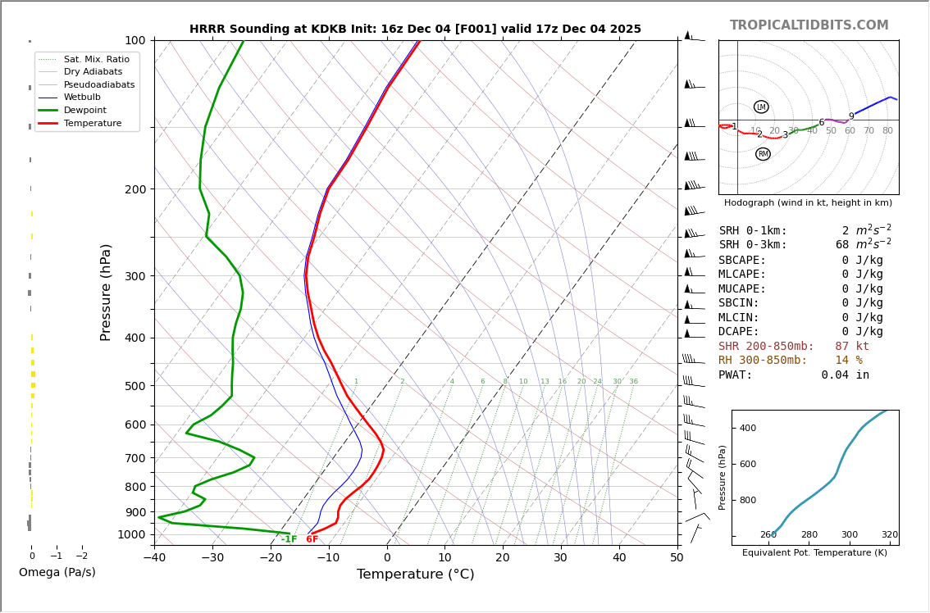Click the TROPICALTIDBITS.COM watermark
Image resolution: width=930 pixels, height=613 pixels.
tap(809, 25)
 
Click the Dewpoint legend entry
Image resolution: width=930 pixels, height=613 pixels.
tap(85, 110)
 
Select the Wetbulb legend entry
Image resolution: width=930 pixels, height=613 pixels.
tap(82, 97)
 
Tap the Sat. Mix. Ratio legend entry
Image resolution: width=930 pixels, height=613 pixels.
tap(96, 59)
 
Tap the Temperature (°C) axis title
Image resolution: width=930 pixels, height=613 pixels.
tap(415, 574)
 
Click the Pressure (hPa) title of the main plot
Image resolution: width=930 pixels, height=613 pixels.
tap(106, 292)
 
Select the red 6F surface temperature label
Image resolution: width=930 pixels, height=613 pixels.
tap(312, 539)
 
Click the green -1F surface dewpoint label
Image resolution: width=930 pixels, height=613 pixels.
tap(289, 539)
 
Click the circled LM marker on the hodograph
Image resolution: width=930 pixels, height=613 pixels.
tap(761, 107)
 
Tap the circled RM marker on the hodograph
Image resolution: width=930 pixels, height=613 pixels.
tap(763, 154)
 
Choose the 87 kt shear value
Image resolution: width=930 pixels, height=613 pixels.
tap(852, 347)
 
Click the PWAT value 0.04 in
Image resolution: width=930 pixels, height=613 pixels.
tap(845, 375)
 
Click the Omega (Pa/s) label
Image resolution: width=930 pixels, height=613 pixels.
tap(57, 573)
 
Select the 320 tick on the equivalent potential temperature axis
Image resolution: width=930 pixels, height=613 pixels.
tap(890, 535)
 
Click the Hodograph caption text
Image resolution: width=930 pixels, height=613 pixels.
tap(808, 202)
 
